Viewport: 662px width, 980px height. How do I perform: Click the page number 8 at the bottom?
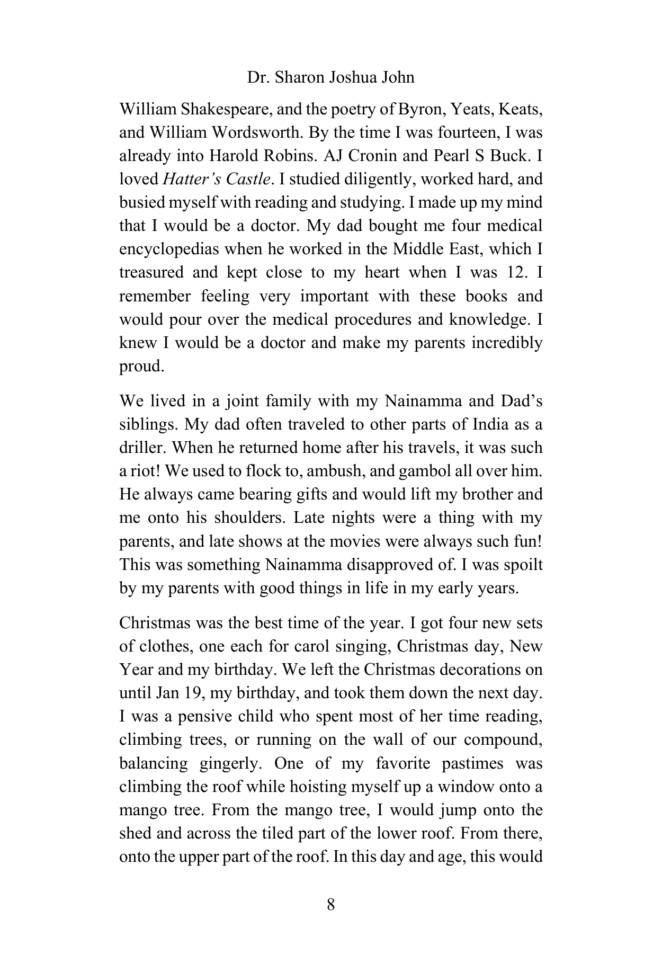[x=330, y=904]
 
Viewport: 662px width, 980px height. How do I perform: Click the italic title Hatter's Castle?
[x=216, y=179]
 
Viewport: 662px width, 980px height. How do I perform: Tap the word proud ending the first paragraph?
[x=140, y=366]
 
